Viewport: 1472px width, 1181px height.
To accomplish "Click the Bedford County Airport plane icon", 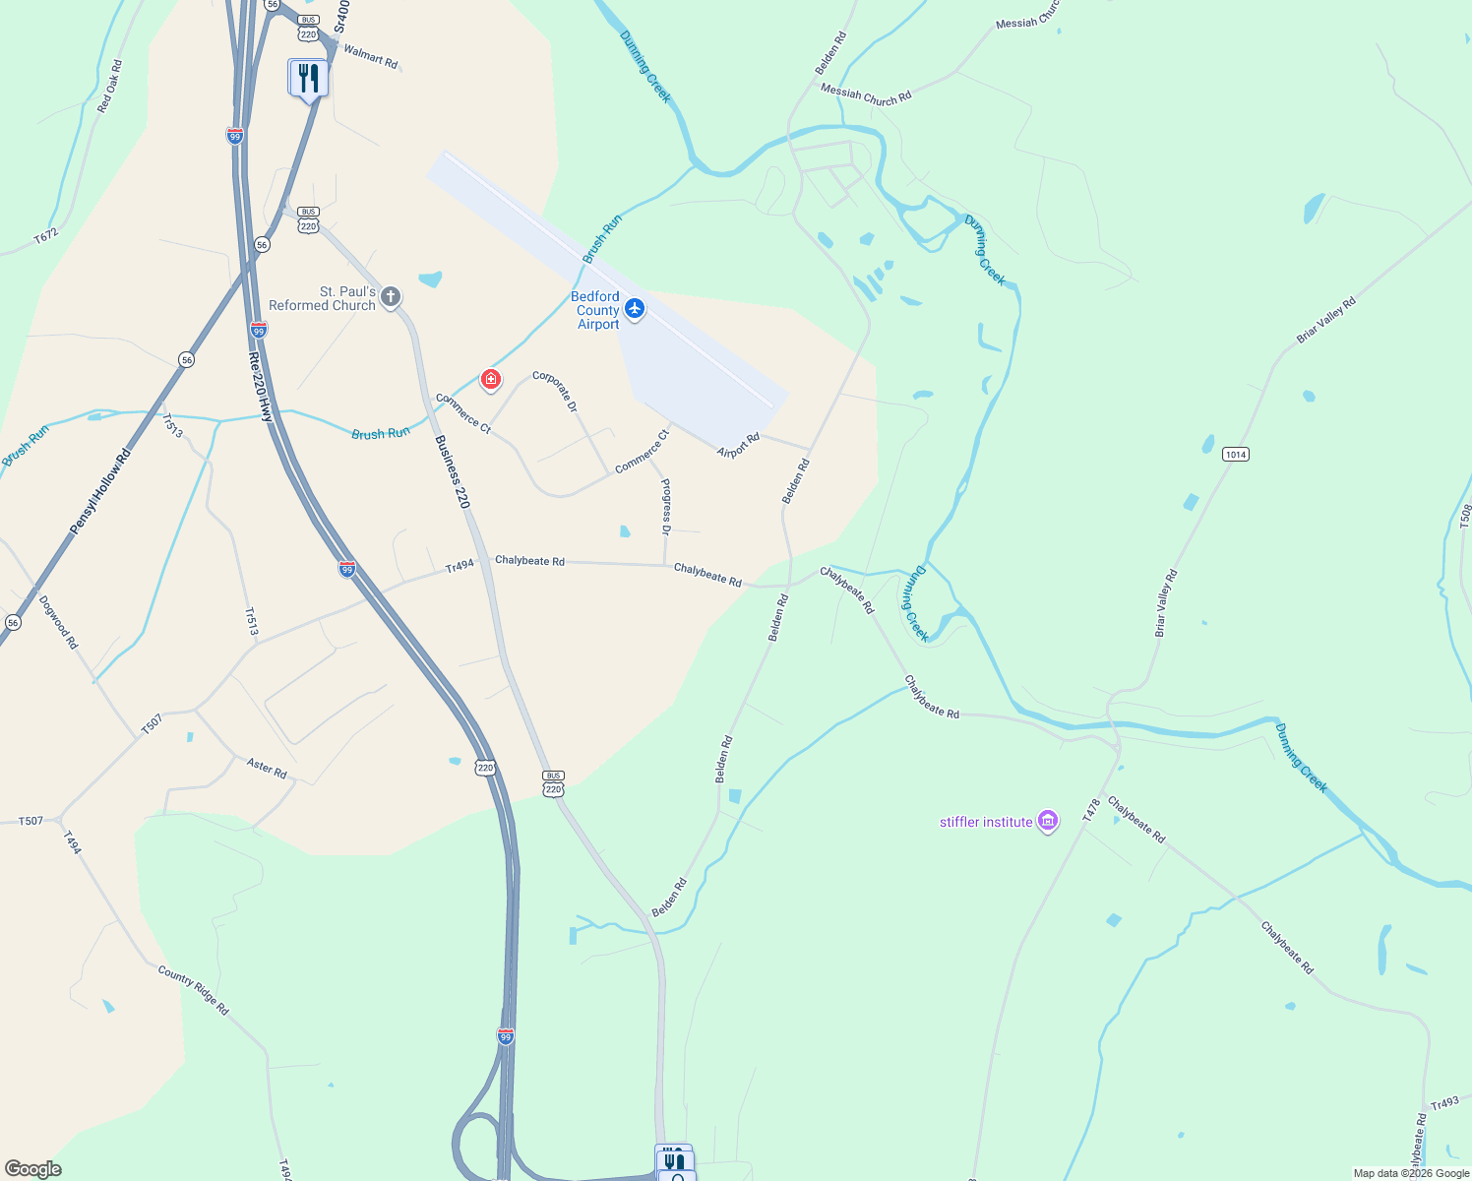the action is [x=635, y=310].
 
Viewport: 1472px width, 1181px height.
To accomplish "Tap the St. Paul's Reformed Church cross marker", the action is [x=391, y=296].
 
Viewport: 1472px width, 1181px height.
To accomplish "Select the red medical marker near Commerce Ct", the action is [x=490, y=379].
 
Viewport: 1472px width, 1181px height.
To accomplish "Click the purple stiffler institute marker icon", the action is [x=1048, y=821].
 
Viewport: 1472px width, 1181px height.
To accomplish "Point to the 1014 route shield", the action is [x=1236, y=454].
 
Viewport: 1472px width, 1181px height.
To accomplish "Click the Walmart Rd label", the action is [x=371, y=57].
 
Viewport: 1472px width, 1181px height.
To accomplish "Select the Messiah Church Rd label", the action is [x=866, y=94].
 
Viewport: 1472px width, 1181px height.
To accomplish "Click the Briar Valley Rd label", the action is [x=1325, y=320].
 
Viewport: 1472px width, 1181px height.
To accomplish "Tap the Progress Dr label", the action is [x=666, y=506].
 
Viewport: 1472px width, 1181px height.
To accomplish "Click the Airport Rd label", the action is [x=739, y=446].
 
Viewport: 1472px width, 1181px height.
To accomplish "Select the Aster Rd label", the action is [x=267, y=768].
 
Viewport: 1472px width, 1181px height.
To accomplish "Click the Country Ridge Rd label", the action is [x=194, y=990].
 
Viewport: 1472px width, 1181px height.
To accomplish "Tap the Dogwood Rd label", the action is [x=58, y=622].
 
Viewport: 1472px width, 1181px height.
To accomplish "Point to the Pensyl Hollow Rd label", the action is [x=100, y=493].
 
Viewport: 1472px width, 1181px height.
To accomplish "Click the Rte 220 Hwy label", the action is [x=260, y=387].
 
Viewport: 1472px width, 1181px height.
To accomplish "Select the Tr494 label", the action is [x=460, y=566].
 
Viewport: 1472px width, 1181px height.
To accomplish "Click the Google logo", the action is [x=33, y=1169].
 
